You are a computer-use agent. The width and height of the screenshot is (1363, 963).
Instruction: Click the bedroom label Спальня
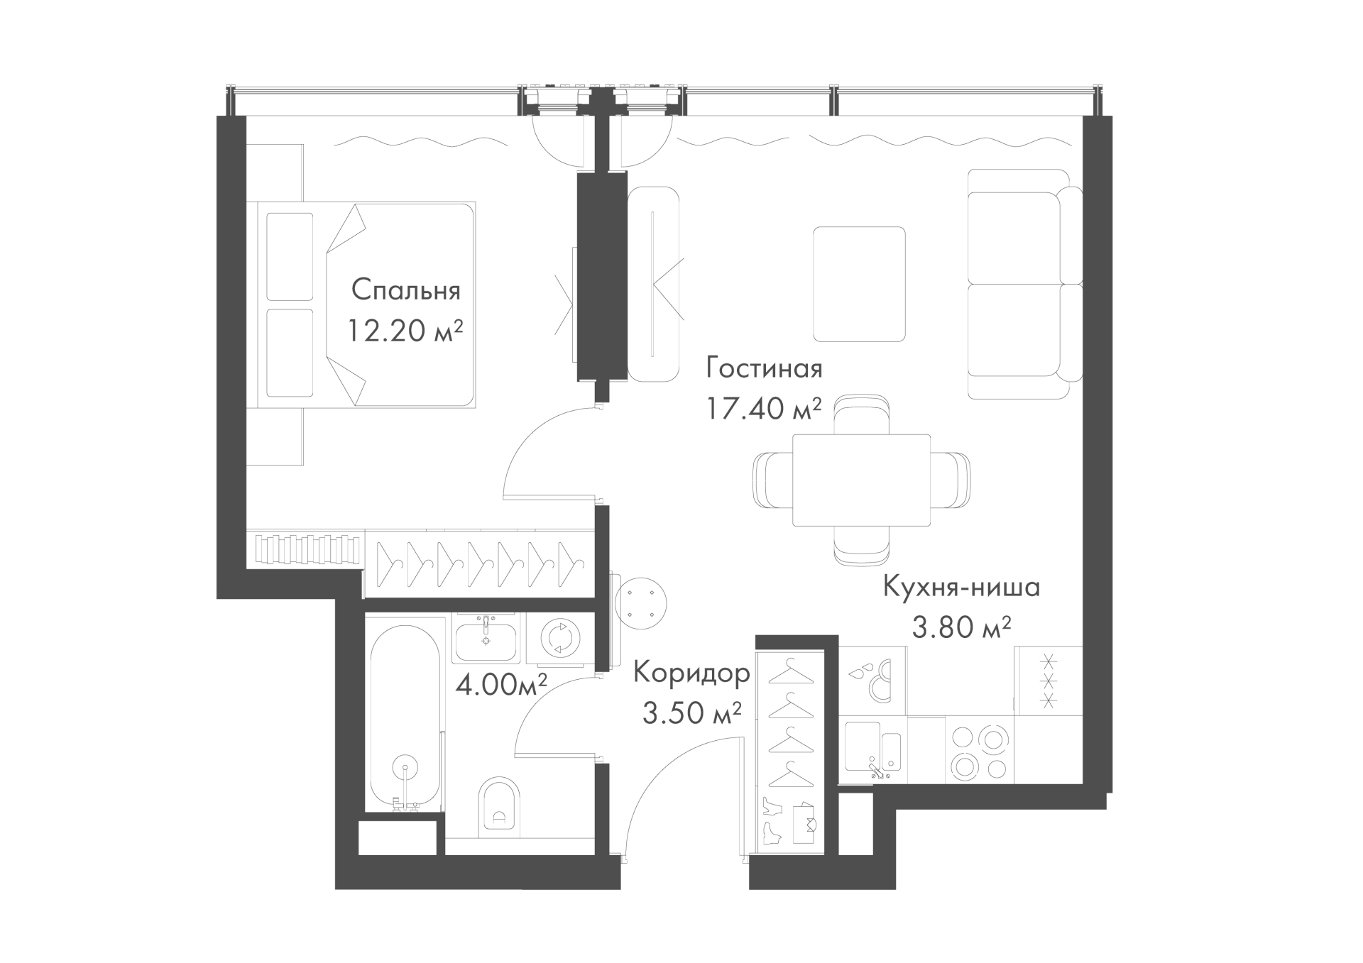406,290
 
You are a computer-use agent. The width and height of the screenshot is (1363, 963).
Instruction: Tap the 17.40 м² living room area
764,408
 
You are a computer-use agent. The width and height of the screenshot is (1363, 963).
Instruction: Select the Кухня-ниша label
962,588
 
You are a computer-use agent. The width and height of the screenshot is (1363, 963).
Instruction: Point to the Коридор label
691,673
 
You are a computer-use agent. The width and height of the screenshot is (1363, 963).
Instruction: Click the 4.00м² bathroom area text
501,685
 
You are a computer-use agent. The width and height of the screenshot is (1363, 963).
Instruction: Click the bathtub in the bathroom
405,717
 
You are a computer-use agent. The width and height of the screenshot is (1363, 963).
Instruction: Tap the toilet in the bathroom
499,805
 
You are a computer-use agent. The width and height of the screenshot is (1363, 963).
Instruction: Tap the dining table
860,480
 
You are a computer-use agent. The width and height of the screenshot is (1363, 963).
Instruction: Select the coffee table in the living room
859,284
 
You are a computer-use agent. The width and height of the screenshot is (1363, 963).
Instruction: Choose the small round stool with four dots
642,602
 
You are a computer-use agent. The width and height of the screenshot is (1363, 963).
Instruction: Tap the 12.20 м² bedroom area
406,330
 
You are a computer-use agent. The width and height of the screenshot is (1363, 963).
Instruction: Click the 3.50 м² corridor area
692,712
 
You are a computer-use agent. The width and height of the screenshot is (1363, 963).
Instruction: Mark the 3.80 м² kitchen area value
962,627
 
